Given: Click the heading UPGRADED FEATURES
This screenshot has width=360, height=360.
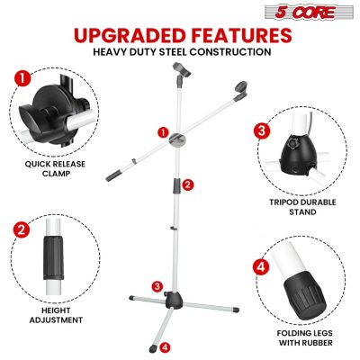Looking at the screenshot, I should point(180,35).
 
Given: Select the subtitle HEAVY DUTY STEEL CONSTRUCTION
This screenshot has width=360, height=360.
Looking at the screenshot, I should point(180,52).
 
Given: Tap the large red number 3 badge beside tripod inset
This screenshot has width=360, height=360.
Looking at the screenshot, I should point(261,130).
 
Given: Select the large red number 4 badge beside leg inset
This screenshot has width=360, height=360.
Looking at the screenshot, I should point(261,267).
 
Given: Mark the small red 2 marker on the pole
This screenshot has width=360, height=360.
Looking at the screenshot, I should point(187,184).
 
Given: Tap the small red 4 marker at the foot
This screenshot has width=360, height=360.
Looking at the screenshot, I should point(164,345).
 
